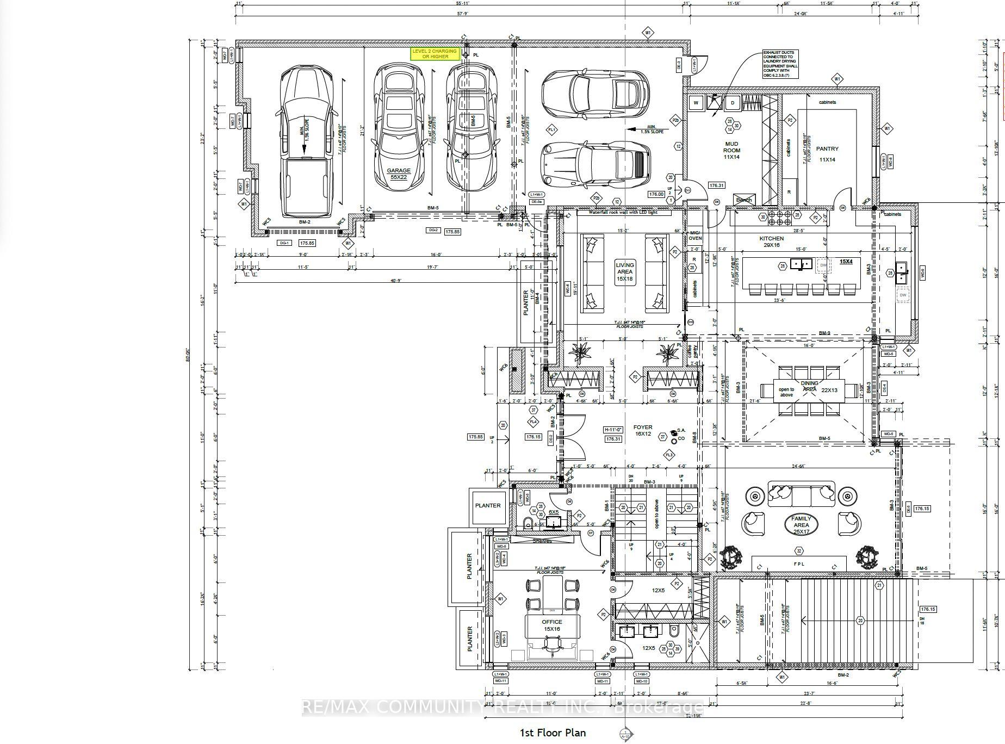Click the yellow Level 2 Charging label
435,54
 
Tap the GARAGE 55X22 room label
399,173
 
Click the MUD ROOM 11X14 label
731,151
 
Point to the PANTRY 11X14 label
827,154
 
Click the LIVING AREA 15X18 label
625,271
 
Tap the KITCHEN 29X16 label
772,242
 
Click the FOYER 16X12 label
643,430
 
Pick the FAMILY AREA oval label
801,525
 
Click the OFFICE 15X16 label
552,625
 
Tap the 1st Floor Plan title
553,733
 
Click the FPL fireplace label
799,564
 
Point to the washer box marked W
696,103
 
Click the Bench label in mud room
743,200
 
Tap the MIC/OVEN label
695,235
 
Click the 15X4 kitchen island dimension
846,262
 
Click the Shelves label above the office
542,541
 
